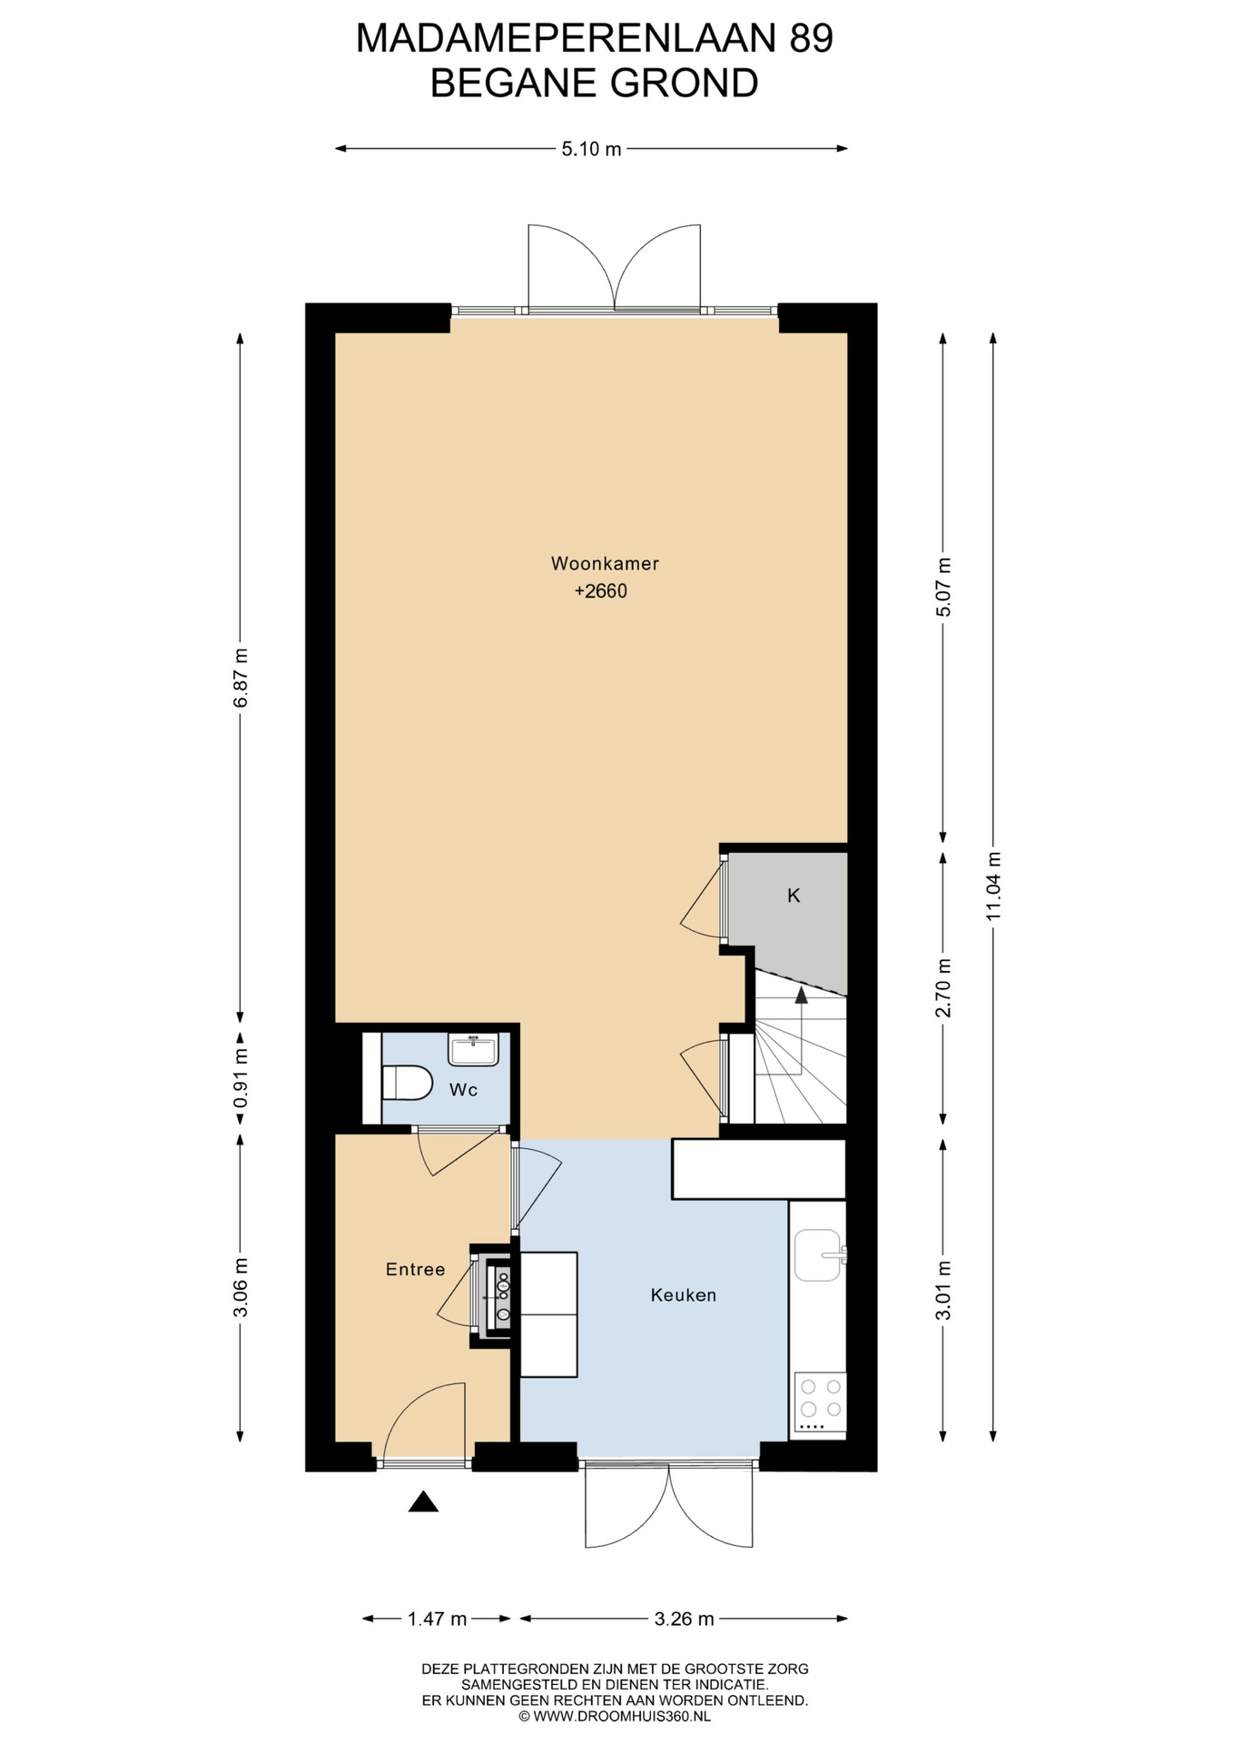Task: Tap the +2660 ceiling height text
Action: coord(601,591)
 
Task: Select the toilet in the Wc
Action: coord(405,1083)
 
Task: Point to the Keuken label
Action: coord(684,1295)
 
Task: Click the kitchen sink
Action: coord(818,1255)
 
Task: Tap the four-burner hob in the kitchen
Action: coord(820,1401)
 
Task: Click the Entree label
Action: coord(416,1270)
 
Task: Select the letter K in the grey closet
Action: coord(794,896)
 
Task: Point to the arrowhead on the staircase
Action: coord(801,996)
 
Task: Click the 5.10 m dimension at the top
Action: coord(591,149)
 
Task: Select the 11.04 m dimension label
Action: coord(993,886)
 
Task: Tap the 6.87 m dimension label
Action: coord(240,678)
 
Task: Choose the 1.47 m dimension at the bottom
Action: coord(437,1619)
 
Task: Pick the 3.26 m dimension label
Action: coord(684,1619)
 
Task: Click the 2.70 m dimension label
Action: coord(943,988)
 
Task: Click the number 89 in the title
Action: coord(811,39)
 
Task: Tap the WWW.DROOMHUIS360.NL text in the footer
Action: coord(622,1717)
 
